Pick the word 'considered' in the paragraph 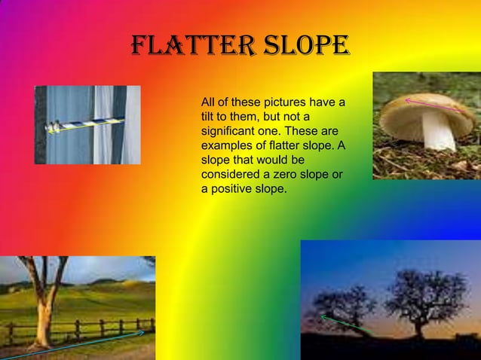(x=231, y=175)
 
